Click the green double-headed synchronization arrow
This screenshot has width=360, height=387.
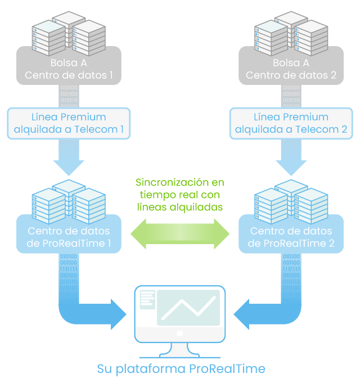[180, 232]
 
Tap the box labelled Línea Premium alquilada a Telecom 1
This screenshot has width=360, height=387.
[69, 124]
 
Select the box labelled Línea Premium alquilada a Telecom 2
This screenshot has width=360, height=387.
[291, 124]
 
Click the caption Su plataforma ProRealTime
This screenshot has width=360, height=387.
[181, 370]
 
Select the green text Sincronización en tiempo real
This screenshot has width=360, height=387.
[180, 195]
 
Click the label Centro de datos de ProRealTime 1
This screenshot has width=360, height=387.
[69, 237]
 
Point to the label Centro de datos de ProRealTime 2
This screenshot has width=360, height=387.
[291, 237]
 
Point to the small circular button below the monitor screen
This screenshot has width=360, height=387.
[180, 334]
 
